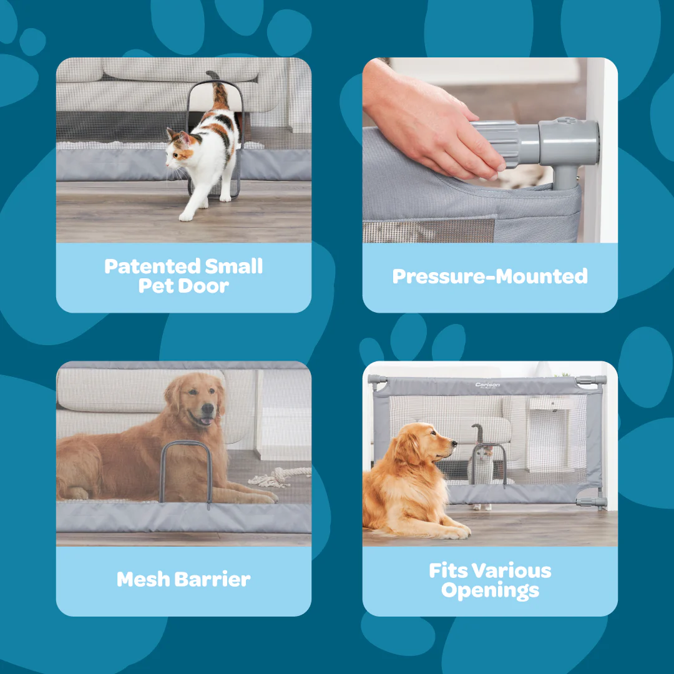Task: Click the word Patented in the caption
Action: click(x=152, y=267)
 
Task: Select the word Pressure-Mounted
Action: click(x=490, y=276)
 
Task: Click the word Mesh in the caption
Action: click(x=144, y=579)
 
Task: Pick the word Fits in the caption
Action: click(x=448, y=571)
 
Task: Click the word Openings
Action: click(x=490, y=590)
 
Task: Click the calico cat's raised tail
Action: click(x=218, y=90)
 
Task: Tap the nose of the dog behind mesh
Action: click(x=208, y=408)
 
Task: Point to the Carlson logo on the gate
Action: click(x=487, y=384)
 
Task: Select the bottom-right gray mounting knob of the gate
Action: click(x=592, y=502)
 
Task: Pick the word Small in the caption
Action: click(x=233, y=266)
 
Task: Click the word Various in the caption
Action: click(x=512, y=571)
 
